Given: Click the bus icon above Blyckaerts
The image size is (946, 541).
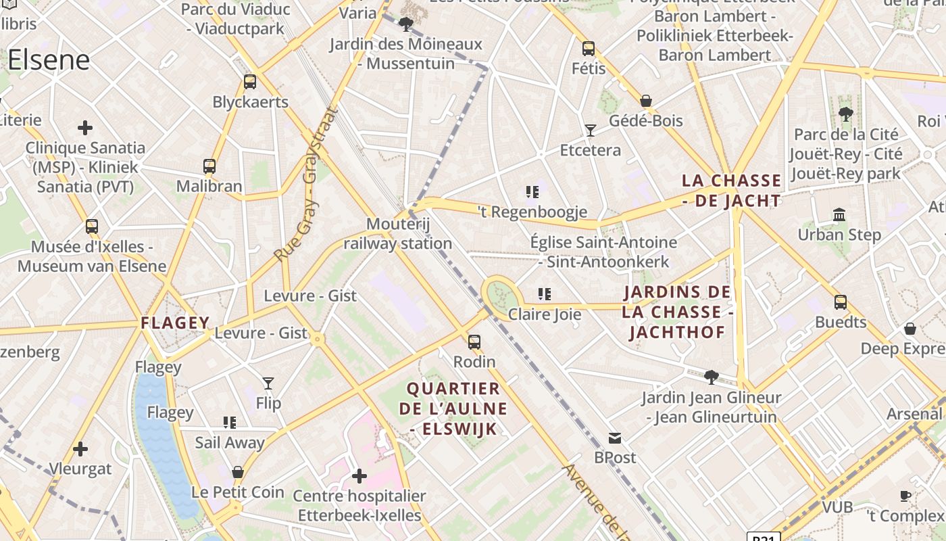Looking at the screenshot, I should (x=250, y=82).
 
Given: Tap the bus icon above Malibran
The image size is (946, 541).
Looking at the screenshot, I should (x=209, y=166).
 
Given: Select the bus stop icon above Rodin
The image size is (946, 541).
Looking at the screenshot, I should (x=474, y=342).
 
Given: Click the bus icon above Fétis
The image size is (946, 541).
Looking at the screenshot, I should (x=589, y=49).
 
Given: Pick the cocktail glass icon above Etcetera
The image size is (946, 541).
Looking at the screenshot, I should (x=591, y=130).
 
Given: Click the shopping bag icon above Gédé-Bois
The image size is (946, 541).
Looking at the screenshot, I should (x=646, y=101).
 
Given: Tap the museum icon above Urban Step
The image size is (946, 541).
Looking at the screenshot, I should (x=839, y=215).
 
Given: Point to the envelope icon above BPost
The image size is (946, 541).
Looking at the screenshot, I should (x=615, y=438).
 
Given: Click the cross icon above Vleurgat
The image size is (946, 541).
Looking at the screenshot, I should (x=80, y=449).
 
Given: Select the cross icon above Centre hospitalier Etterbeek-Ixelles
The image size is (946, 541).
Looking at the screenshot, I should (x=359, y=476).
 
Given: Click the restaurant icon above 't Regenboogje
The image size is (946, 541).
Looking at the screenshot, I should (x=532, y=192).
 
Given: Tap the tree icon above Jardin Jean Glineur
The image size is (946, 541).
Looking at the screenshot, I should (x=711, y=377).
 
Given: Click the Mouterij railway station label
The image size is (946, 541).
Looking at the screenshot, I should (x=398, y=234).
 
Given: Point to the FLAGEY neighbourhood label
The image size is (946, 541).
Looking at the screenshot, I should (x=175, y=323).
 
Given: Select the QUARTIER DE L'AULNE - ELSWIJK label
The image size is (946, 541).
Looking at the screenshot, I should (x=453, y=408).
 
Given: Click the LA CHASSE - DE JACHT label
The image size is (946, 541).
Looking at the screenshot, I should (x=732, y=191).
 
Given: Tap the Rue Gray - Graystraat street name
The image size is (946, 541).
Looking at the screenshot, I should (x=305, y=184).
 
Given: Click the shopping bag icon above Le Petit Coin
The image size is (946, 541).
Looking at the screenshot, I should (x=237, y=471).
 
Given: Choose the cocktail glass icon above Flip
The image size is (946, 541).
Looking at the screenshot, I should (x=268, y=383).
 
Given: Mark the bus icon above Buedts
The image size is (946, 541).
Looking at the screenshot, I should (x=841, y=302).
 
